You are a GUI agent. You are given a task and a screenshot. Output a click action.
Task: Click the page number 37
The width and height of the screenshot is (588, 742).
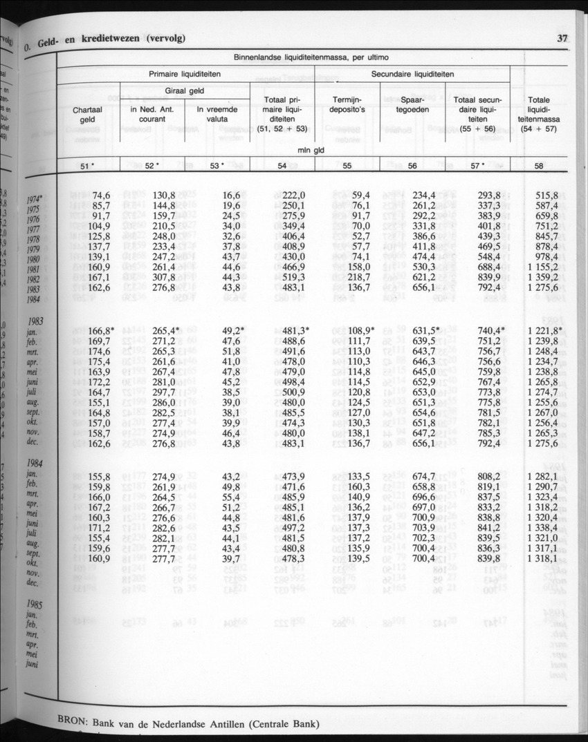coord(562,39)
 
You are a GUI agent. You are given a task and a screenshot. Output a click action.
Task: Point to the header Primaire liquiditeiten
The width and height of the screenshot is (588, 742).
coord(185,74)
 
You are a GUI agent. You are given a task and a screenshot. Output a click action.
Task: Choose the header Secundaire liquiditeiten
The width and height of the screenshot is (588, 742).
coord(412,74)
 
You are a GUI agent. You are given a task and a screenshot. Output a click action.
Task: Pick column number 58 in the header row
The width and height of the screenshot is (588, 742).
coord(539,166)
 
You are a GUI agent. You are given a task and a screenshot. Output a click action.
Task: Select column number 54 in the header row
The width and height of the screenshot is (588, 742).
coord(282,166)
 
